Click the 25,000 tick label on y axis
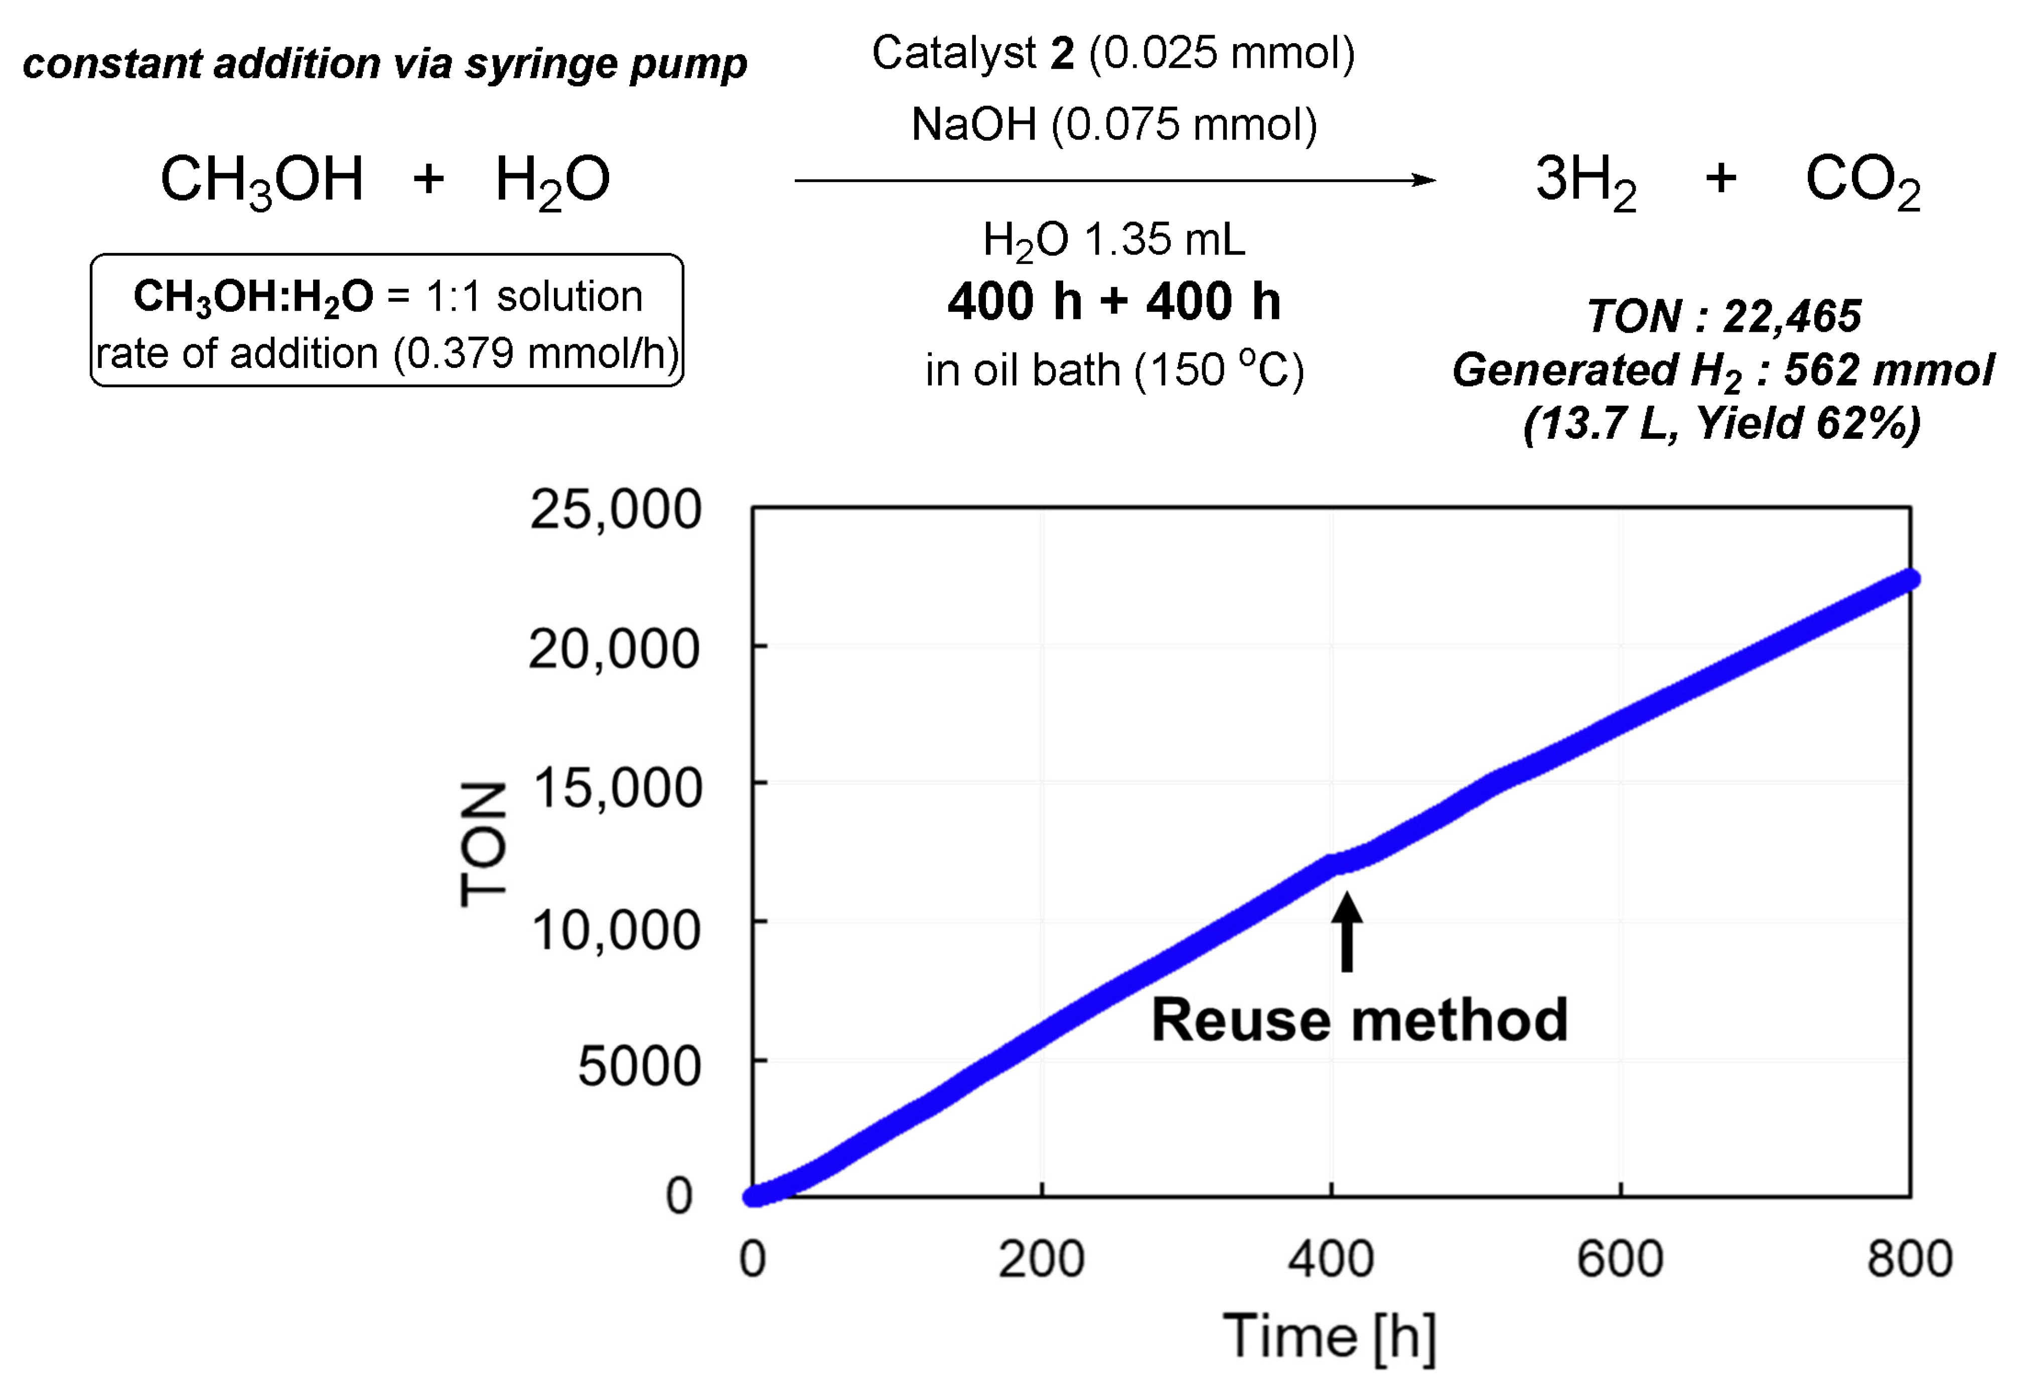pyautogui.click(x=615, y=510)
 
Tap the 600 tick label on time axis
pyautogui.click(x=1620, y=1259)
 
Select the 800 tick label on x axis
pyautogui.click(x=1910, y=1259)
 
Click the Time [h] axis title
pyautogui.click(x=1329, y=1336)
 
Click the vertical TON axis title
pyautogui.click(x=483, y=843)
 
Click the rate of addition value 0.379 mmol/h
pyautogui.click(x=534, y=354)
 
